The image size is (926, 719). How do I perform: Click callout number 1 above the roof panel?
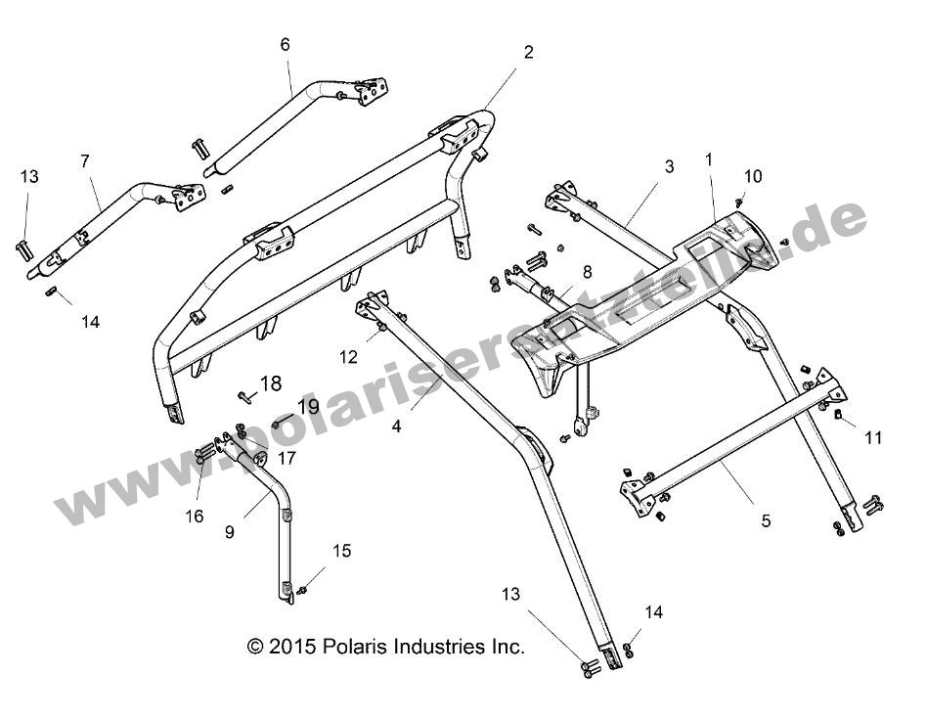pos(709,158)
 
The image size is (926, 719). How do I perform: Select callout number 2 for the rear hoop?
pos(528,53)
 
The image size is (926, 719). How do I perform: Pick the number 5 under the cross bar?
pos(766,521)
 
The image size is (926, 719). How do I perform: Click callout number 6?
pos(285,44)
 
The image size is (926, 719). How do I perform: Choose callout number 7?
pos(84,158)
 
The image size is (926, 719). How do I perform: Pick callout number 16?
pos(195,516)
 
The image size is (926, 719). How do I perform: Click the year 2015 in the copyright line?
pos(289,647)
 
